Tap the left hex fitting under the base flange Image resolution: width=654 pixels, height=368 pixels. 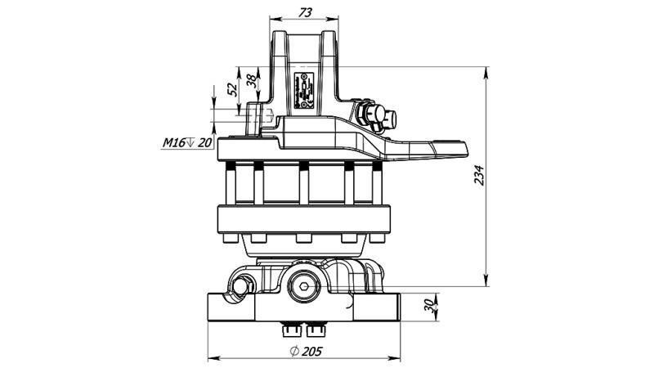tap(292, 330)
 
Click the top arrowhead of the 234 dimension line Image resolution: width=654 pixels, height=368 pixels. tap(488, 73)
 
